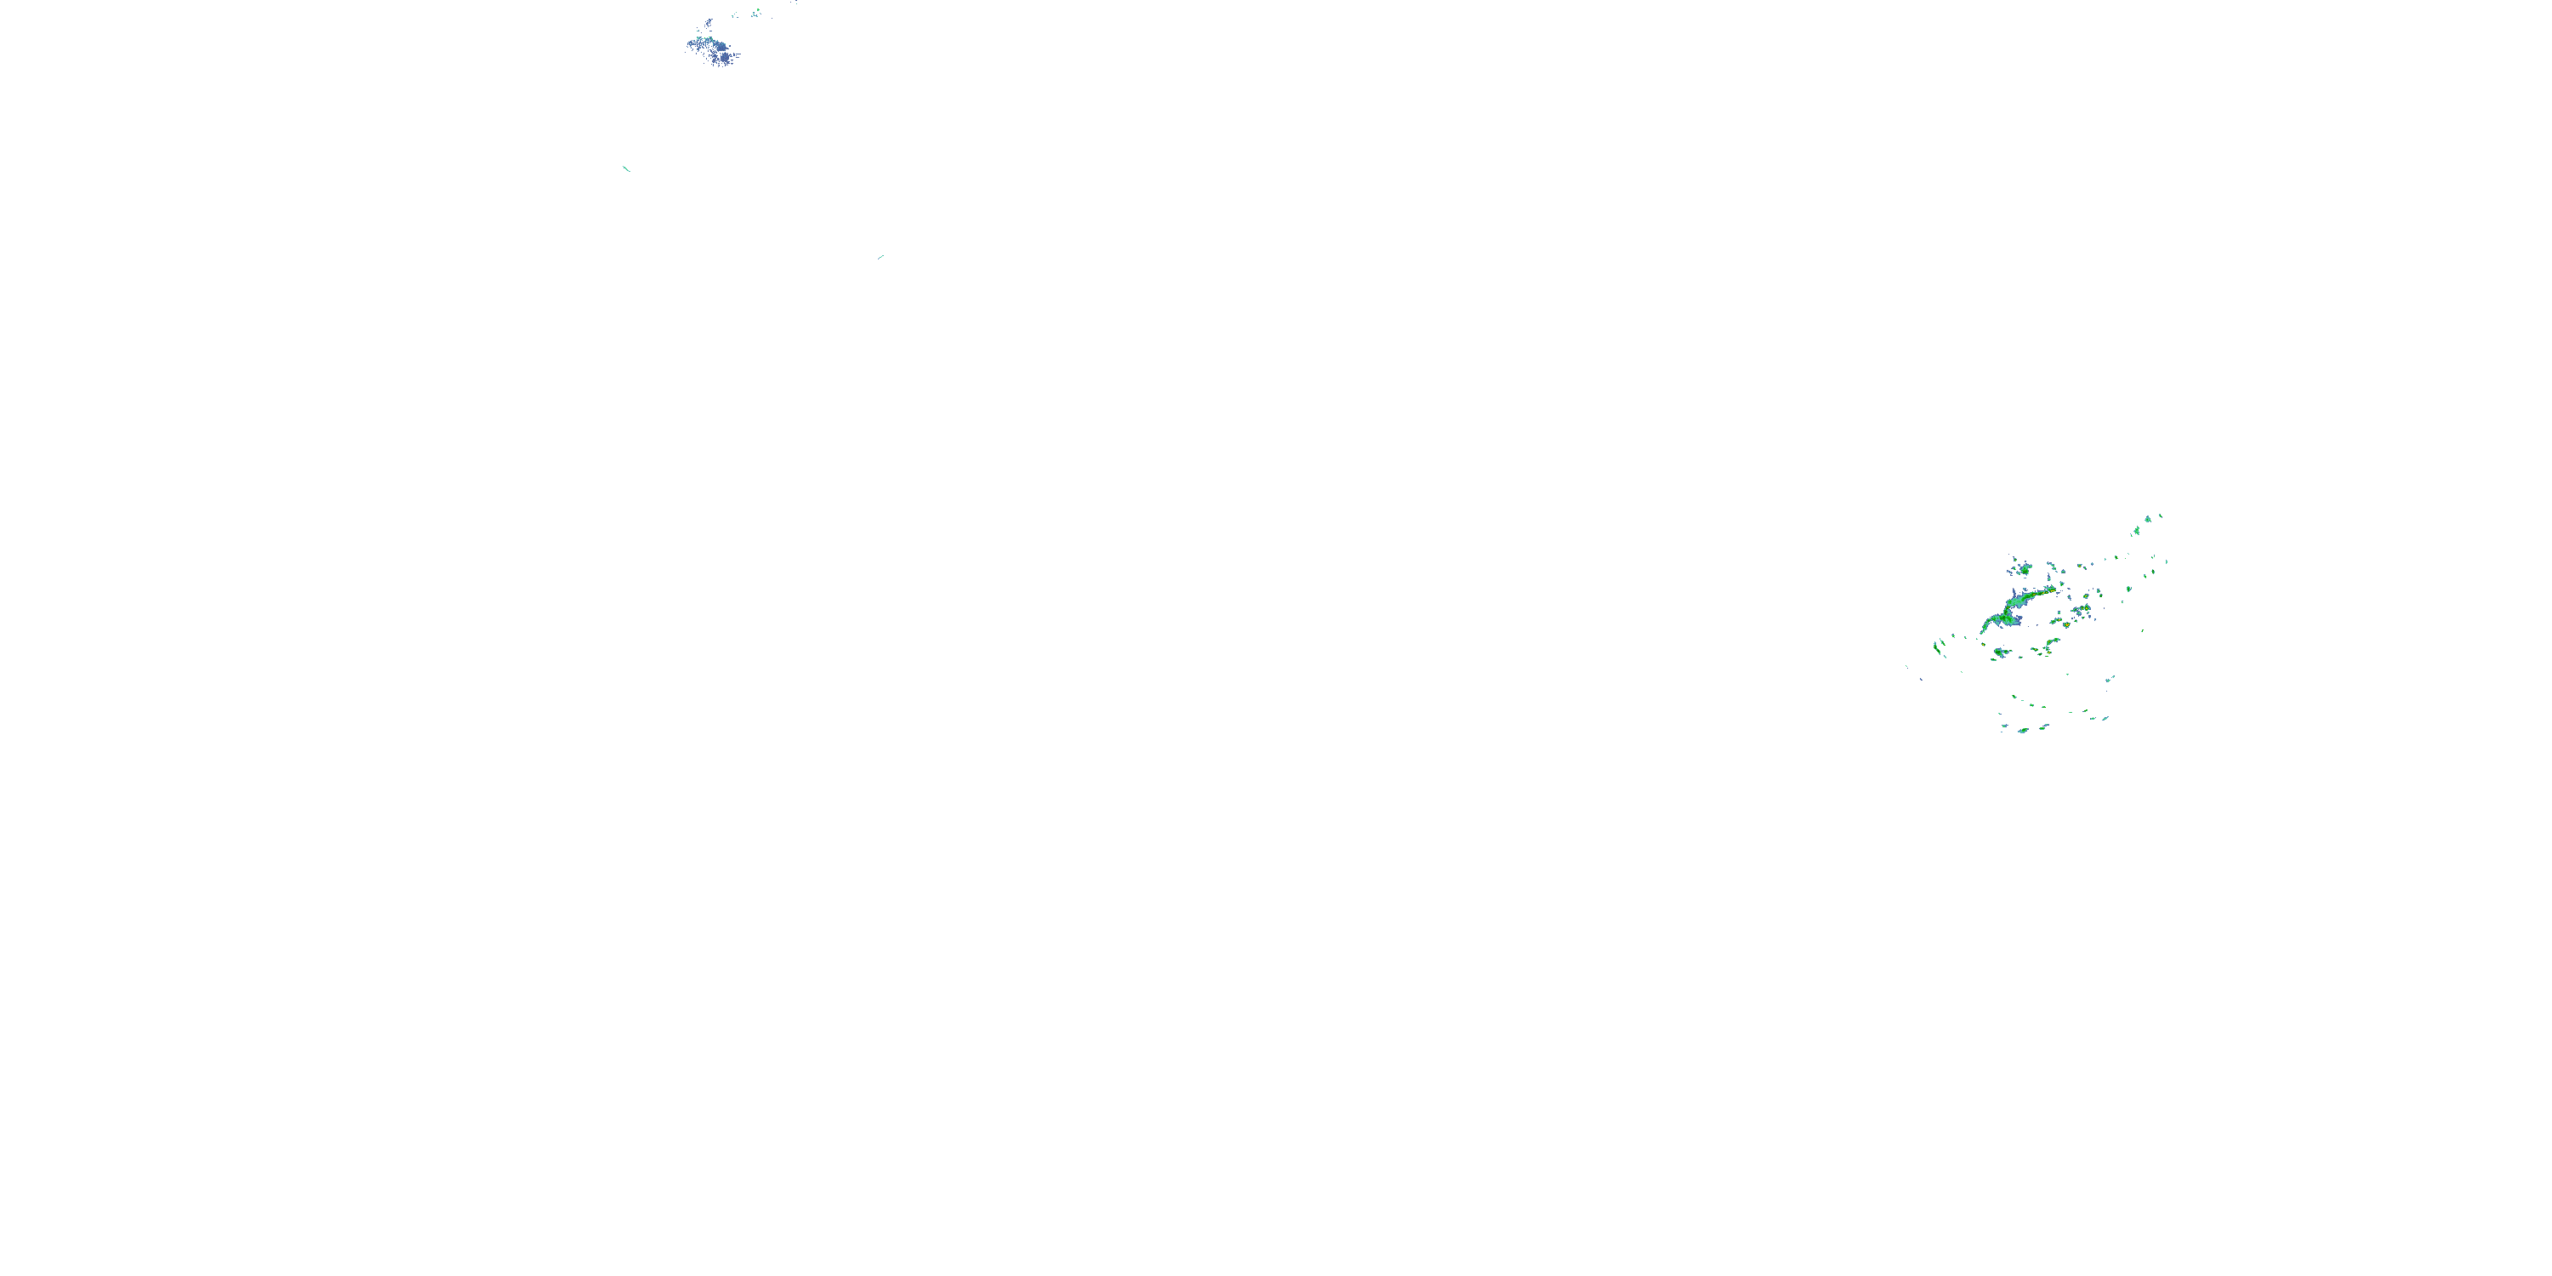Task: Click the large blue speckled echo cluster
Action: pos(711,48)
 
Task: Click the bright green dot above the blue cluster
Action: pos(756,12)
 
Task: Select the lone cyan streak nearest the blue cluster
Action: pos(626,168)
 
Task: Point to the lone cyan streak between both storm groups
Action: pos(880,257)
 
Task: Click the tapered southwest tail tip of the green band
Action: pos(1982,632)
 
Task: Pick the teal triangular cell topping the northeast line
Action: pos(2148,518)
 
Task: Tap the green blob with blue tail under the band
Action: pos(2000,652)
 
